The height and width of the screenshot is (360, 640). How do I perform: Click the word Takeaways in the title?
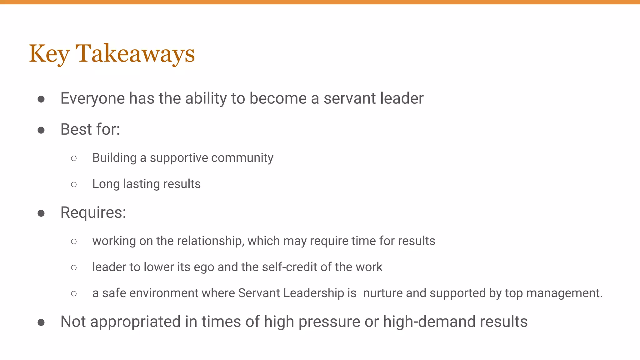click(135, 54)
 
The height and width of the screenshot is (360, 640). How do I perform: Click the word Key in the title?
click(49, 54)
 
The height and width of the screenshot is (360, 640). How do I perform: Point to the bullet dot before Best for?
click(41, 130)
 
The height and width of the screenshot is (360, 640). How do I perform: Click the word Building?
click(114, 158)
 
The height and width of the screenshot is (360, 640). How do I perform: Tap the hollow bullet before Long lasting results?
click(74, 185)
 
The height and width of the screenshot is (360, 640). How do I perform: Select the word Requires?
click(93, 213)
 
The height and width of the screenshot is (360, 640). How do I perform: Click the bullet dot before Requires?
click(41, 213)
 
